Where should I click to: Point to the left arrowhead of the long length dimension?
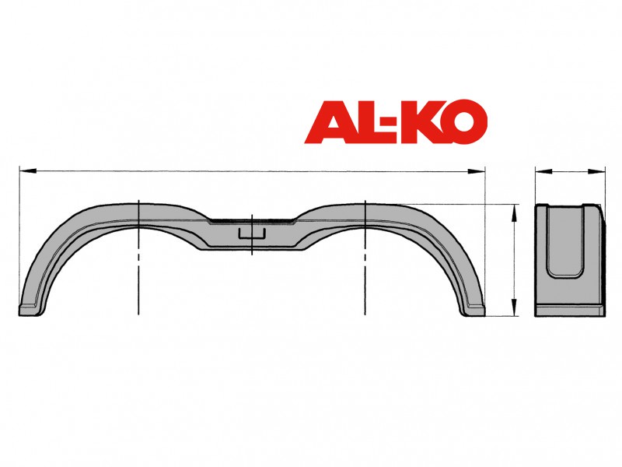click(28, 171)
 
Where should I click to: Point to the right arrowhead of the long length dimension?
click(476, 171)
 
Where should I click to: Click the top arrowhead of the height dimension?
click(515, 212)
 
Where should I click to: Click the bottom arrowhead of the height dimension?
click(515, 307)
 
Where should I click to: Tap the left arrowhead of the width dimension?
click(543, 171)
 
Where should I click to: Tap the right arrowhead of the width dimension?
click(596, 171)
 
